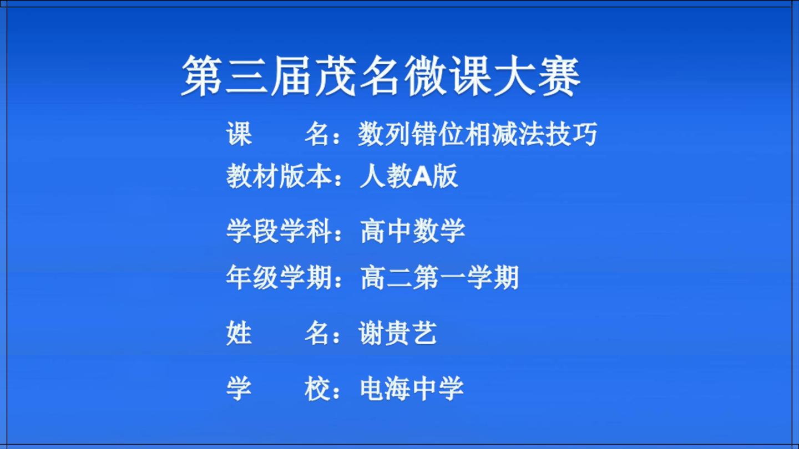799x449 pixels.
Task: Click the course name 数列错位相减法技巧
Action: click(x=478, y=134)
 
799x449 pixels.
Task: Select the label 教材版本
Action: click(x=279, y=176)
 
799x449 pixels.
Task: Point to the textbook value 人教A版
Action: click(x=409, y=176)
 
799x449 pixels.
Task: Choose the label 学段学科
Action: click(x=279, y=231)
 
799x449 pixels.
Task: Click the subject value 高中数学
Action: click(x=413, y=231)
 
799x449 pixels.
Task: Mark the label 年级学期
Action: click(x=279, y=277)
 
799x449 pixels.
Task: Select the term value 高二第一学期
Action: click(x=439, y=277)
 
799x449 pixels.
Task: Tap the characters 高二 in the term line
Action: click(x=386, y=277)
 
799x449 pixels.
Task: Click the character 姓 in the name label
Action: click(x=239, y=333)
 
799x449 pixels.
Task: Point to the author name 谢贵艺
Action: click(x=398, y=333)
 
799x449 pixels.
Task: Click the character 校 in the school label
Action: click(x=317, y=389)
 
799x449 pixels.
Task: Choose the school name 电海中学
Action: click(x=412, y=389)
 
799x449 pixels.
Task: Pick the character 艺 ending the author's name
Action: click(x=424, y=333)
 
